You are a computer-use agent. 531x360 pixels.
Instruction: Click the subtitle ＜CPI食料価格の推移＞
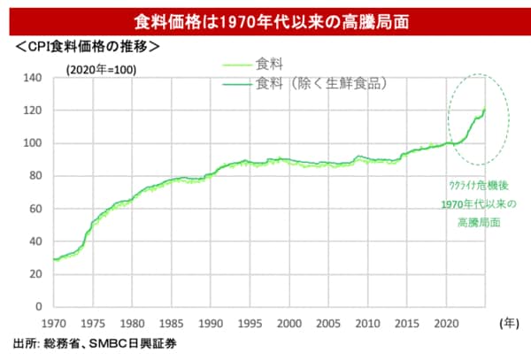pos(86,46)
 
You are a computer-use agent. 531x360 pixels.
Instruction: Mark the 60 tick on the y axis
pos(35,209)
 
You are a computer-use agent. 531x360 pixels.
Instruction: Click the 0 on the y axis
pos(38,306)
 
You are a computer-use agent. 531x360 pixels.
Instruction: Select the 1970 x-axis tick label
pos(54,322)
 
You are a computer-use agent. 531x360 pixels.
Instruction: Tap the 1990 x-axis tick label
pos(212,322)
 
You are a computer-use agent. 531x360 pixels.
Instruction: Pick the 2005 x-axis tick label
pos(329,322)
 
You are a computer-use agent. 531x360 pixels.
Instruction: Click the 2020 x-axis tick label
pos(447,322)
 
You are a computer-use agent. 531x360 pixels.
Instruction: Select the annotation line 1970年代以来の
pos(478,204)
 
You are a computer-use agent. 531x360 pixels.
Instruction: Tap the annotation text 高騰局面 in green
pos(478,223)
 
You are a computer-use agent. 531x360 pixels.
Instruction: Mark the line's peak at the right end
pos(485,110)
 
